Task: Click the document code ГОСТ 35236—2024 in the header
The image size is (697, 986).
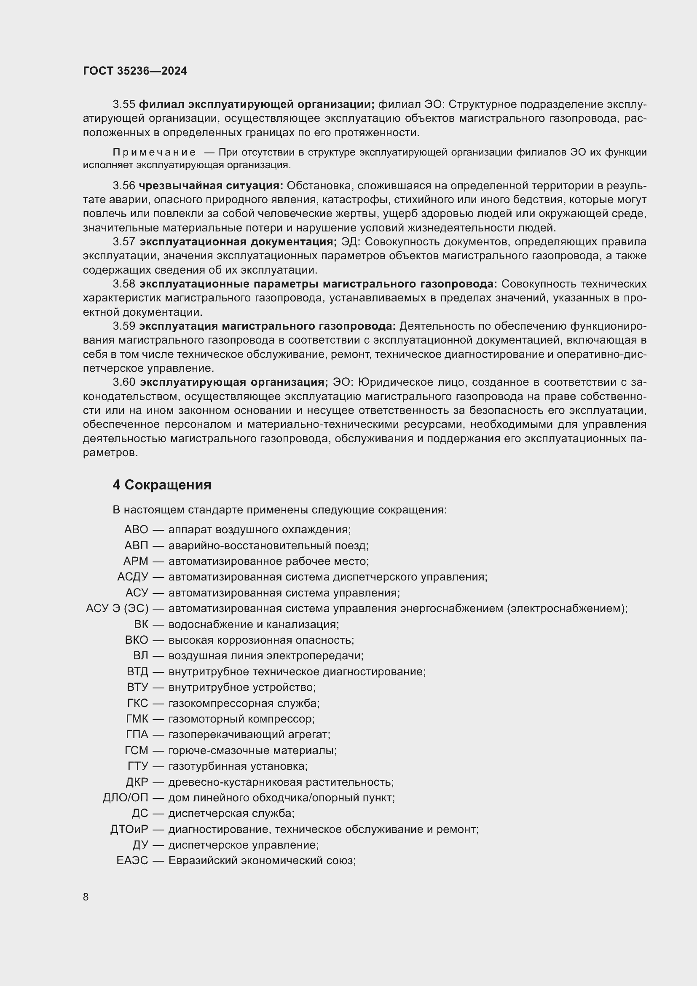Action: [135, 71]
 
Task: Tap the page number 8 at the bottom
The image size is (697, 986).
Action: [86, 897]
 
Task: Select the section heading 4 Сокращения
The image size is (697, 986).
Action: [162, 485]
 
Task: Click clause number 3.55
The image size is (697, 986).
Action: [124, 105]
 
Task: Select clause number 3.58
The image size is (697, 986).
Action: [124, 284]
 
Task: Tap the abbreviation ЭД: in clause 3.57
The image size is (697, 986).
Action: [350, 242]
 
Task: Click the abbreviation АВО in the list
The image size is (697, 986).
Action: [136, 529]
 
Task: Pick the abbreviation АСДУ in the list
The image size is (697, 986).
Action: [133, 577]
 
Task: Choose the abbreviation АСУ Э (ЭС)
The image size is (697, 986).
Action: [117, 609]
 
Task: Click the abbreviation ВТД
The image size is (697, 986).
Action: [137, 672]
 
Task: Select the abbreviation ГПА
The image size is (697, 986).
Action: [137, 735]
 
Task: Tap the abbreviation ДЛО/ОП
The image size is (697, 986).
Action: [125, 798]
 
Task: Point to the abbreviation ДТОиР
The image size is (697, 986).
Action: [129, 829]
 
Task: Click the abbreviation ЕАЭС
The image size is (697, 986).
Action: [132, 861]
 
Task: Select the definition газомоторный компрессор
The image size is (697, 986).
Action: [241, 719]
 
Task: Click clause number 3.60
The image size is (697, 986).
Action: [124, 382]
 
